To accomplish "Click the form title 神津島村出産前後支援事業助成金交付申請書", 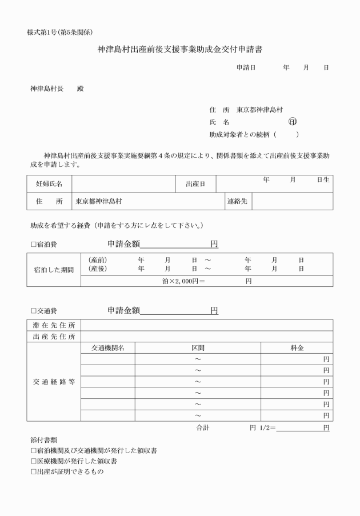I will tap(180, 51).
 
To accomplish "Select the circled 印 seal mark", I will tap(293, 122).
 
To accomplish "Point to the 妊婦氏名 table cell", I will tap(49, 184).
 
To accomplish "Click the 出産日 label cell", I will tap(195, 184).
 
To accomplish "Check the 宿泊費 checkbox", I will tap(33, 245).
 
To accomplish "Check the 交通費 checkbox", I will tap(33, 311).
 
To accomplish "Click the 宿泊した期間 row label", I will tap(54, 269).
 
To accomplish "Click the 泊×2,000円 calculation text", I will tap(183, 281).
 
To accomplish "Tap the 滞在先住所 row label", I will tap(54, 325).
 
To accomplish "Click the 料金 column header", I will tap(297, 347).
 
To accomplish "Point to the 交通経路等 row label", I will tap(54, 382).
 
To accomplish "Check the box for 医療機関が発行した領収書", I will tap(33, 461).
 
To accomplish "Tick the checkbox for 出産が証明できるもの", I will tap(33, 472).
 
